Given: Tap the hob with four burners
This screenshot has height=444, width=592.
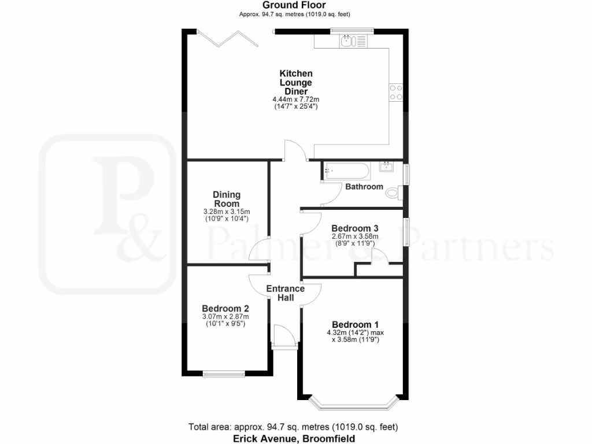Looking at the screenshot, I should [x=397, y=92].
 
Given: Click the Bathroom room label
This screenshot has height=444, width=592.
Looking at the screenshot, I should [x=364, y=187].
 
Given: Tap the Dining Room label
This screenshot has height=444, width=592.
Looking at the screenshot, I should [x=227, y=199].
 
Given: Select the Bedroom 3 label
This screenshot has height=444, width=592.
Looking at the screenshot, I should [x=355, y=227].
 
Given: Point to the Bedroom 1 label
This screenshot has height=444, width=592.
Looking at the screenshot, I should [x=355, y=324].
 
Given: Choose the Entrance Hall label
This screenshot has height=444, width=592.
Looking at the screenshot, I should [x=285, y=293].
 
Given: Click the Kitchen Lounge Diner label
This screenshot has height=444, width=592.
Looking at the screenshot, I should [x=296, y=82].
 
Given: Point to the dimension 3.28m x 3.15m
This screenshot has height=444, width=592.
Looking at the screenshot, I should [x=227, y=212].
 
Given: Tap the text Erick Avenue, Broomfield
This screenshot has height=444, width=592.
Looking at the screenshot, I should [x=294, y=439].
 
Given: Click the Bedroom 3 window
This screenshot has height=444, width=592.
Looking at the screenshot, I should [x=407, y=231].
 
